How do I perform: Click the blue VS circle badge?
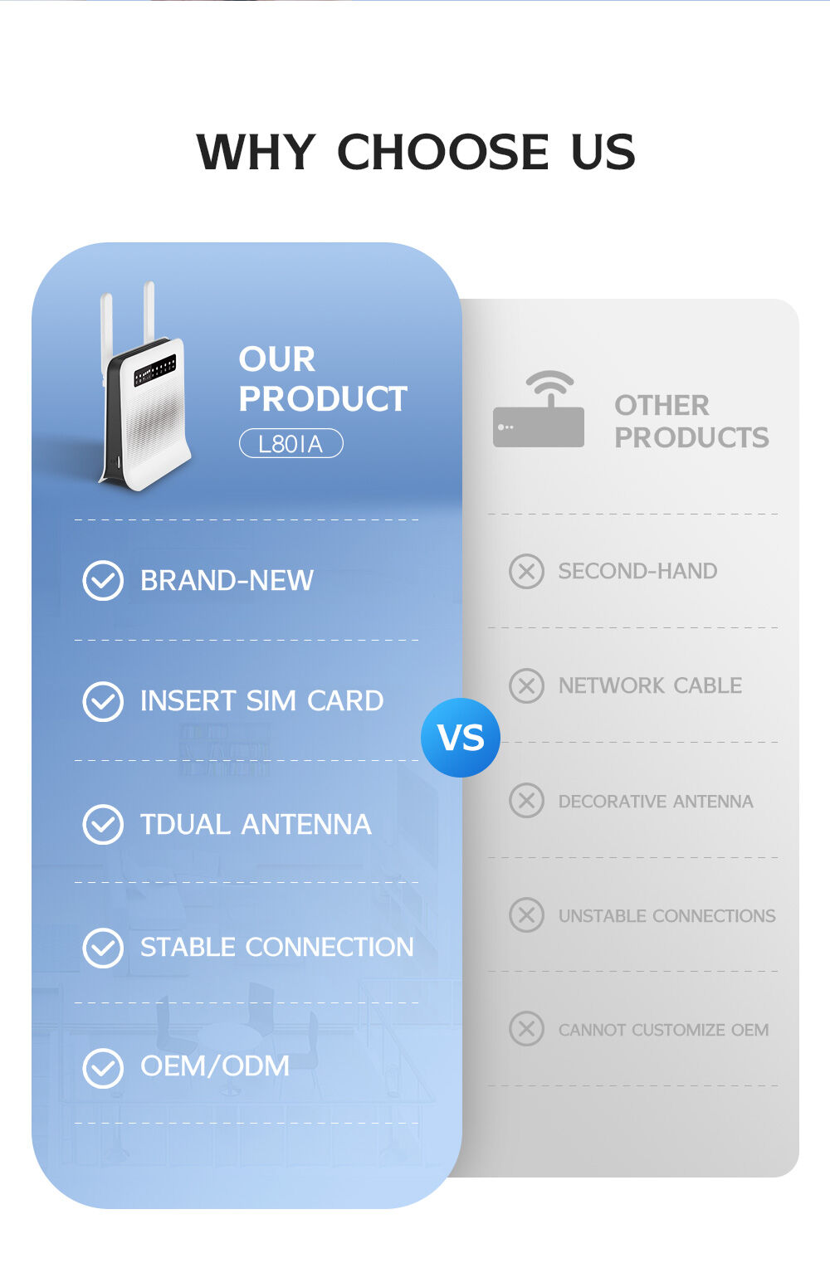(x=461, y=738)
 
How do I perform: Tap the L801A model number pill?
(x=290, y=443)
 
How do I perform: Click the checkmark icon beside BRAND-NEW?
(x=103, y=580)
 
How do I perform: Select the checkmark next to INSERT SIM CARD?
(x=103, y=701)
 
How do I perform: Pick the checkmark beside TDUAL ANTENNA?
(x=103, y=824)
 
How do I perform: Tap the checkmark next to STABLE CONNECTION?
(x=103, y=947)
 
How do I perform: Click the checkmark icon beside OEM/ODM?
(x=103, y=1067)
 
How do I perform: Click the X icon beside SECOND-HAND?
(x=526, y=571)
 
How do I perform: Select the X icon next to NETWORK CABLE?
(x=526, y=685)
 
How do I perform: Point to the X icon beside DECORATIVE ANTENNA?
(x=526, y=801)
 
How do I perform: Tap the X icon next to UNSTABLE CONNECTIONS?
(x=526, y=915)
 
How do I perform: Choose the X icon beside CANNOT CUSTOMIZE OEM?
(x=526, y=1029)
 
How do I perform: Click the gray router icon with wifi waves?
(x=539, y=412)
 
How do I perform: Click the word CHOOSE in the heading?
(x=442, y=152)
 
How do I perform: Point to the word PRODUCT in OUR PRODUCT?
(x=323, y=399)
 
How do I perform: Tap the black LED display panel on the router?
(x=155, y=370)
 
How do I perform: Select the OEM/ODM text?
(x=215, y=1066)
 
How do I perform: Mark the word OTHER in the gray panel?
(x=662, y=406)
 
